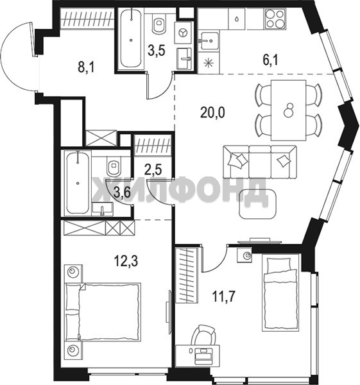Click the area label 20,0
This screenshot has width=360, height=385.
tap(212, 113)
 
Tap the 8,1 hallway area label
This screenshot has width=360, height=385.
tap(86, 67)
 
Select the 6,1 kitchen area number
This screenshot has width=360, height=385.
tap(270, 60)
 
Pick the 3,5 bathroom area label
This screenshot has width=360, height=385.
tap(157, 50)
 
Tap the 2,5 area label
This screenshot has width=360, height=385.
tap(153, 170)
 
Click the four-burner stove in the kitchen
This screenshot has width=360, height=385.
tap(275, 19)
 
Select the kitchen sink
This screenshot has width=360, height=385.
tap(209, 41)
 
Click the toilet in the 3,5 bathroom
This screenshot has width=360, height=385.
tap(159, 24)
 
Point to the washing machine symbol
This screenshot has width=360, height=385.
tap(183, 33)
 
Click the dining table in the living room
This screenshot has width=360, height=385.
tap(288, 110)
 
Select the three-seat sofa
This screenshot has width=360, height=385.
tap(260, 162)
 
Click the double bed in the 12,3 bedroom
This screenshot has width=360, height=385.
tap(103, 312)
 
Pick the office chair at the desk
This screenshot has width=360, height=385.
tap(203, 334)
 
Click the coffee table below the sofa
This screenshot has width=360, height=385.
tap(258, 204)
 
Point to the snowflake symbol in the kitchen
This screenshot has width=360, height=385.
tap(209, 64)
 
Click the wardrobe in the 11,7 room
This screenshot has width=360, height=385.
tap(186, 275)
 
